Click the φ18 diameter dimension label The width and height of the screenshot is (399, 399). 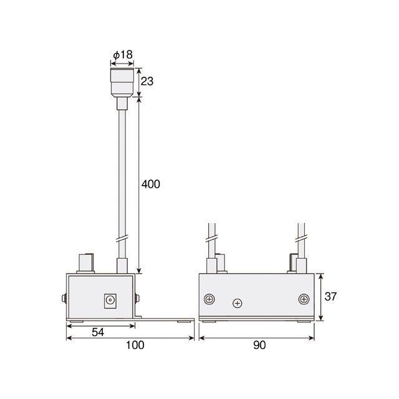tap(123, 55)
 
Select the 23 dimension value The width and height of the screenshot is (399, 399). tap(147, 82)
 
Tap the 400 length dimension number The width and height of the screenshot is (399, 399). tap(151, 185)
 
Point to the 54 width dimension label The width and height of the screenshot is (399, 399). tap(98, 332)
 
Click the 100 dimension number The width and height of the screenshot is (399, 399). tap(135, 345)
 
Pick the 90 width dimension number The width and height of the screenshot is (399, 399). tap(259, 345)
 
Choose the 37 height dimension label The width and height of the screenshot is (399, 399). tap(330, 297)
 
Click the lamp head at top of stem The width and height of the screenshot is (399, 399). tap(122, 82)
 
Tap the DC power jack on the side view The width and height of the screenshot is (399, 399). tap(110, 301)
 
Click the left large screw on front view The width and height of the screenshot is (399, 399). tap(209, 299)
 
